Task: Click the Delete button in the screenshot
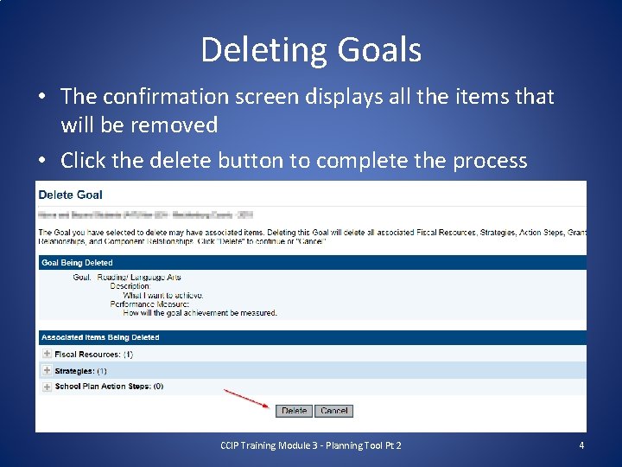point(294,411)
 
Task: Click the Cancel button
point(333,411)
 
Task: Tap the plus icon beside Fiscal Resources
point(47,354)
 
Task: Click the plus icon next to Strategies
point(47,370)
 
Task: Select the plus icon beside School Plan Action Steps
point(47,387)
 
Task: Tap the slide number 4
point(581,445)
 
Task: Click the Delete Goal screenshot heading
point(71,195)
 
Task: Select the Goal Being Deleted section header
point(77,262)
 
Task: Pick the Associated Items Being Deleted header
point(100,337)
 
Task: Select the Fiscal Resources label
point(87,355)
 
